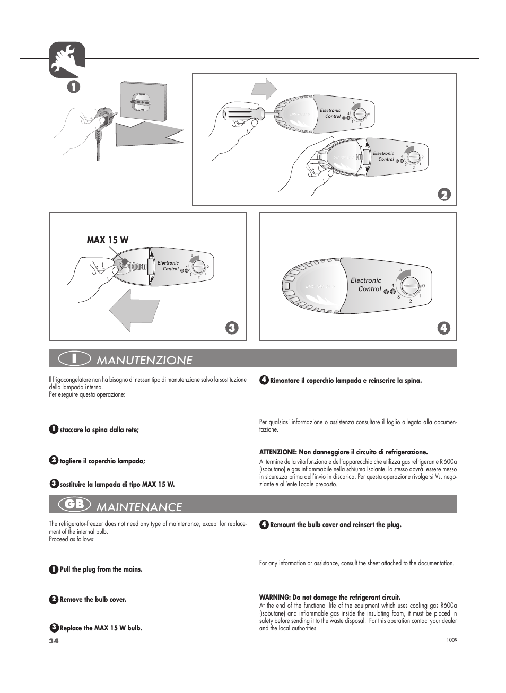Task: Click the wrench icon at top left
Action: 66,59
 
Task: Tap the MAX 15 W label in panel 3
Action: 107,240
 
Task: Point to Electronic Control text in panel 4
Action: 367,285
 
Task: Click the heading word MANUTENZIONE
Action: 144,360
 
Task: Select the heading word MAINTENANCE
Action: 139,507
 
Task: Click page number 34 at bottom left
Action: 53,641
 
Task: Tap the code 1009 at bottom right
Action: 452,639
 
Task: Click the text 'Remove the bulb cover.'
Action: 93,600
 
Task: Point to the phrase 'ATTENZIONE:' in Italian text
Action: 278,452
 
